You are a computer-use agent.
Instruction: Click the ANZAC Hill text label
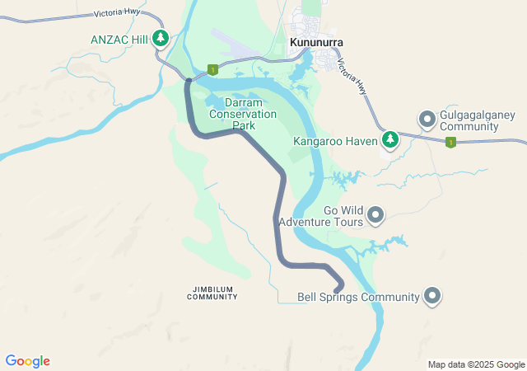pyautogui.click(x=119, y=38)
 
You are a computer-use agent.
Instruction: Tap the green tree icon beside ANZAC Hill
pyautogui.click(x=161, y=38)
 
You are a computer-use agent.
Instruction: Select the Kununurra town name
pyautogui.click(x=315, y=42)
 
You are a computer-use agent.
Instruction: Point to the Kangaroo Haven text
pyautogui.click(x=335, y=141)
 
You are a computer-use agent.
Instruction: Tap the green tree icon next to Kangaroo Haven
pyautogui.click(x=390, y=140)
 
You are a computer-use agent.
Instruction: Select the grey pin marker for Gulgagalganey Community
pyautogui.click(x=427, y=120)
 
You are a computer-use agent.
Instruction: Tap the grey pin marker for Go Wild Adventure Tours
pyautogui.click(x=375, y=215)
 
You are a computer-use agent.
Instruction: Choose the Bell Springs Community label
pyautogui.click(x=358, y=297)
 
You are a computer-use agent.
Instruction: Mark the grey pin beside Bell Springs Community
pyautogui.click(x=432, y=296)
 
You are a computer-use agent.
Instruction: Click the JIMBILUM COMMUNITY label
pyautogui.click(x=212, y=293)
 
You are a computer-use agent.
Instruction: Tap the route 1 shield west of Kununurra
pyautogui.click(x=212, y=70)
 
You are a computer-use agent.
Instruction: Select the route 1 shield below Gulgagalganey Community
pyautogui.click(x=450, y=143)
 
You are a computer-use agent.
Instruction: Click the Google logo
pyautogui.click(x=27, y=361)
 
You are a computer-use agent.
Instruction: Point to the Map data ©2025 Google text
pyautogui.click(x=476, y=364)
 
